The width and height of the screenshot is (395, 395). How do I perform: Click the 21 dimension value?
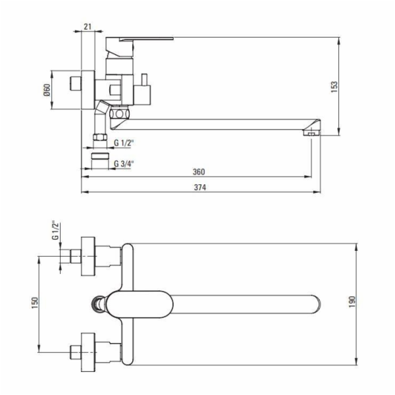pos(88,26)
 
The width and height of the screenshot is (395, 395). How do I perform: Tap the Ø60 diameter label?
pos(47,90)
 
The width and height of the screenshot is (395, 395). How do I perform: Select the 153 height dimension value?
pos(334,87)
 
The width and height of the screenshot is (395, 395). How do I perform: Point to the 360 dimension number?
pos(199,172)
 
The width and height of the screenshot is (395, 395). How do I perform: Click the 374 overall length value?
pos(199,188)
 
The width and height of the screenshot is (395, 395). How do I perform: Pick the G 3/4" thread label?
pos(124,163)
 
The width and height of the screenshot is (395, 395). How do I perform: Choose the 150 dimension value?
pos(34,303)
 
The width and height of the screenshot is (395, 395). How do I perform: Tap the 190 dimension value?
pos(352,302)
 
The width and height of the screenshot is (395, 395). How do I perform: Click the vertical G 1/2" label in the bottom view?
pos(55,230)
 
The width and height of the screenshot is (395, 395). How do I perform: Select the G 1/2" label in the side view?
pos(124,143)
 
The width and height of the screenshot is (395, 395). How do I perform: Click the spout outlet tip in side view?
pos(311,132)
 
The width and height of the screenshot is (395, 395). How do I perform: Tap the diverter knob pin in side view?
pos(144,80)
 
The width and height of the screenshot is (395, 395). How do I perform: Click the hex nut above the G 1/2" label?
pos(100,138)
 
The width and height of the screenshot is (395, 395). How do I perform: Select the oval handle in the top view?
pos(140,304)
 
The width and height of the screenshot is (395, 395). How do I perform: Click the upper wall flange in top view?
pos(88,256)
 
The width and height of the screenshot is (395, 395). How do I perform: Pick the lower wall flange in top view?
pos(88,352)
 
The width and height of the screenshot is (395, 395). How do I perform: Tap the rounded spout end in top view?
pos(315,304)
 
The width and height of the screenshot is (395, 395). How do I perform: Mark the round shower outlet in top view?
pos(97,304)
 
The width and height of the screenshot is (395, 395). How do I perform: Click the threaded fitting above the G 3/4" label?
pos(100,156)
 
